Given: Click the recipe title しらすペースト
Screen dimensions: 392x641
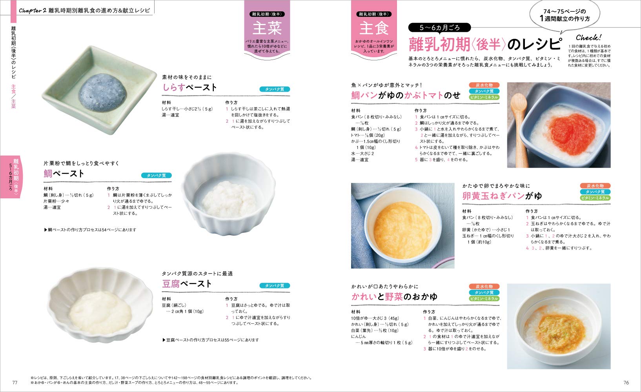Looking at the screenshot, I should tap(189, 87).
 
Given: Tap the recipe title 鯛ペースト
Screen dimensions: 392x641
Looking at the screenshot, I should tap(64, 174).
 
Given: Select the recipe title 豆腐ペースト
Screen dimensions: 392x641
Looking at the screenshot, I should tap(187, 284).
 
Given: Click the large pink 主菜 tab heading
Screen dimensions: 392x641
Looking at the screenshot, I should tap(267, 29).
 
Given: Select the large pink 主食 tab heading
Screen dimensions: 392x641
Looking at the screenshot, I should tap(374, 29).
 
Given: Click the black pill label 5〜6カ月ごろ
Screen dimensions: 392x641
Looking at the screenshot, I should tap(439, 28).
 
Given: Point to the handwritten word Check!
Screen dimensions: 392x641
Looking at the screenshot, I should tap(588, 38).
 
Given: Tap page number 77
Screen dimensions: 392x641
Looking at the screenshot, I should tap(15, 383).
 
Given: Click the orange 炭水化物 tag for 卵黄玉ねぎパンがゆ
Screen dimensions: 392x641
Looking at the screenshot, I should tap(595, 186).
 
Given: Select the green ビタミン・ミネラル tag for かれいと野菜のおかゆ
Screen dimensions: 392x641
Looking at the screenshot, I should tap(484, 299).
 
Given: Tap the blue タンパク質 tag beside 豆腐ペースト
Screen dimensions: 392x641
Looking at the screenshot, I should tap(275, 286).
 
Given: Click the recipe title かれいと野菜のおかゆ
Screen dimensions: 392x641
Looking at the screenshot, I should tap(394, 297).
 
